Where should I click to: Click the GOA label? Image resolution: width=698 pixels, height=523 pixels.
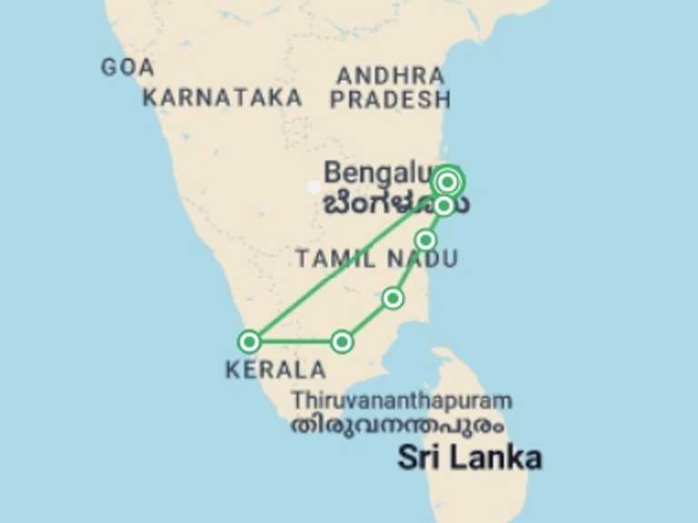(x=127, y=67)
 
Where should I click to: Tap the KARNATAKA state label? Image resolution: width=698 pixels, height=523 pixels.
(x=223, y=98)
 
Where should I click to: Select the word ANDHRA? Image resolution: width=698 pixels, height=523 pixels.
(x=390, y=75)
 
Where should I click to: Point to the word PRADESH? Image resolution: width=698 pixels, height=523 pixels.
(x=390, y=100)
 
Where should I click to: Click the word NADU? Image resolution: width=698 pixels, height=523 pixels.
(x=423, y=260)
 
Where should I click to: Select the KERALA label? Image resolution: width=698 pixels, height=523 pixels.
(x=275, y=370)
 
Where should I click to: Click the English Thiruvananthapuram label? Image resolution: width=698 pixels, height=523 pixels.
(x=402, y=400)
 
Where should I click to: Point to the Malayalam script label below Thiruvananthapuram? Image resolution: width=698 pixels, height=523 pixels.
(x=398, y=425)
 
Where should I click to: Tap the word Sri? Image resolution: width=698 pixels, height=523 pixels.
(x=424, y=458)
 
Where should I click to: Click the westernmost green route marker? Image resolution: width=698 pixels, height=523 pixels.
(x=249, y=341)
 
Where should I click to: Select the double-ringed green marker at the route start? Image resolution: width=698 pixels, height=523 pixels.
(x=447, y=182)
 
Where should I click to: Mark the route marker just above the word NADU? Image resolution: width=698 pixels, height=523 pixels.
(x=425, y=240)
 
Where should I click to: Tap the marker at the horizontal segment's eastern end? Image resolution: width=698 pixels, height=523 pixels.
(x=342, y=341)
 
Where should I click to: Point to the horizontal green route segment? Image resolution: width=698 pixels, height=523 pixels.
(x=295, y=342)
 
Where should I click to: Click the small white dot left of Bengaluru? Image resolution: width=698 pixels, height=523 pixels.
(x=314, y=187)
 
